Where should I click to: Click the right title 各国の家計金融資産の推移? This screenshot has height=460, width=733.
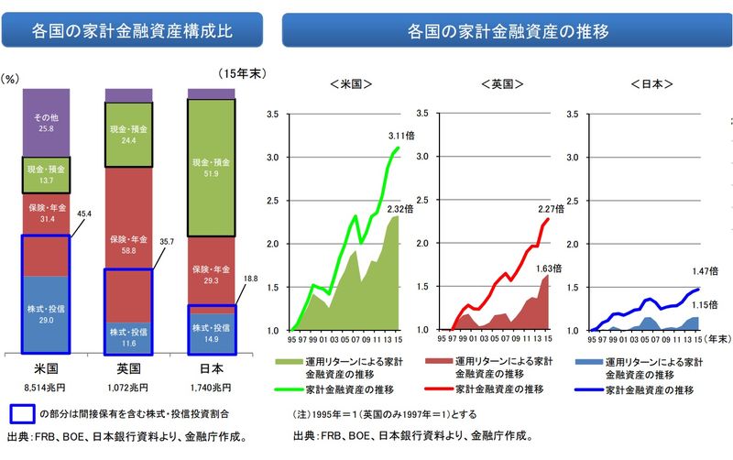click(508, 30)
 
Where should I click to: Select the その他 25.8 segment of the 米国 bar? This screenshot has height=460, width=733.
click(46, 122)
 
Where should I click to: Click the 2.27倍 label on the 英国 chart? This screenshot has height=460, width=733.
click(551, 208)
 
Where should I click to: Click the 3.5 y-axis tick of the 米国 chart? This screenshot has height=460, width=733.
click(271, 114)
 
